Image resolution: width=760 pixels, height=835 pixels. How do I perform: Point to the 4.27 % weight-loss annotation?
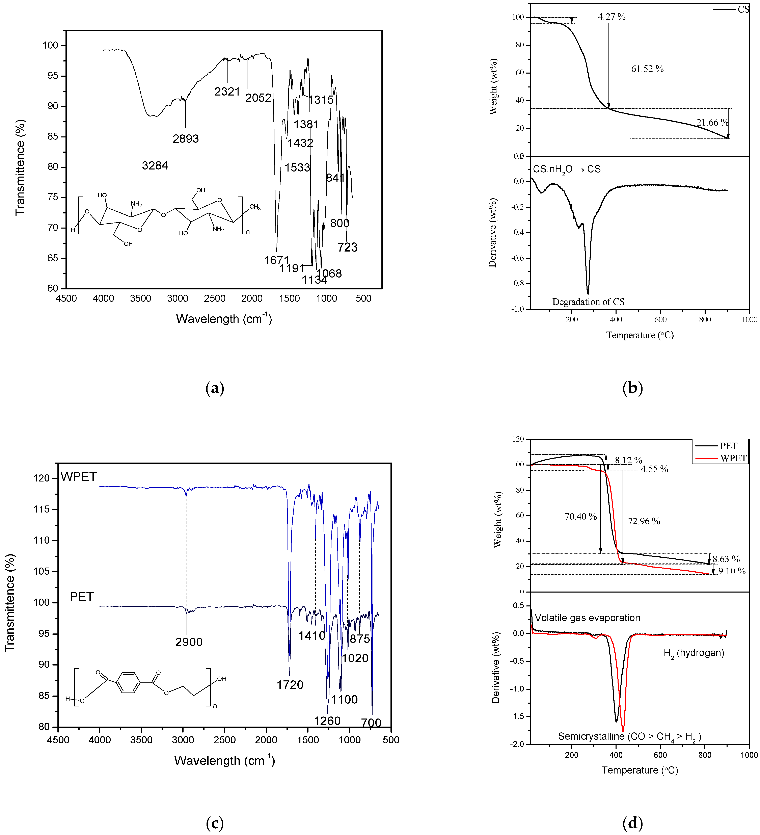pyautogui.click(x=611, y=17)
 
